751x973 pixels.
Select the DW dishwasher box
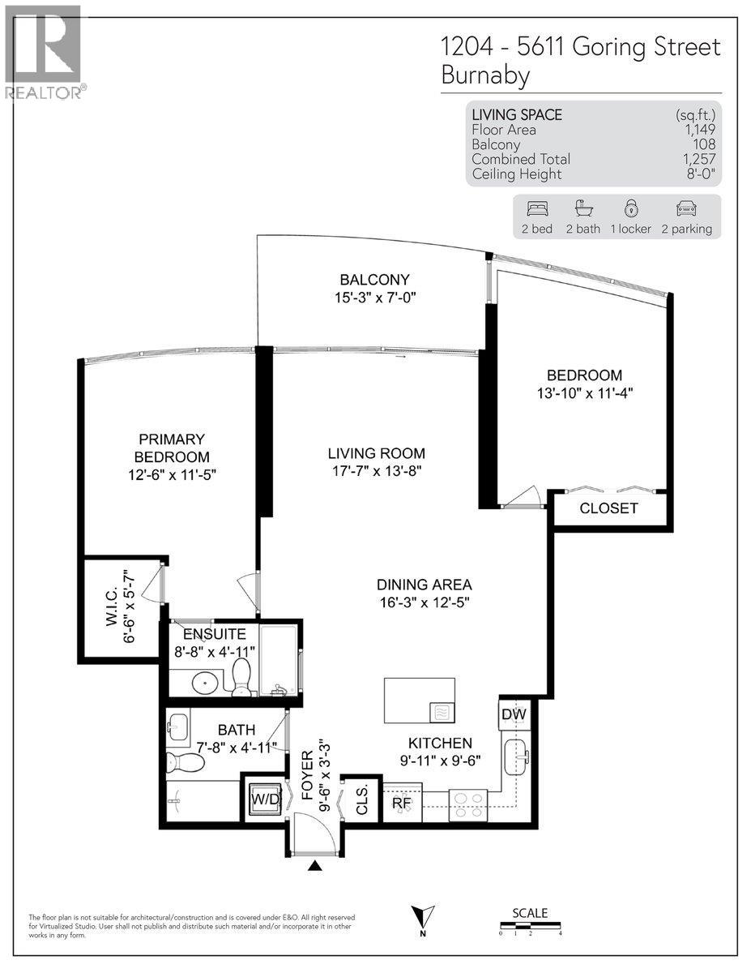click(513, 714)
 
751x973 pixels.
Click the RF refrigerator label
click(401, 804)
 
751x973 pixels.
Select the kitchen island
click(419, 701)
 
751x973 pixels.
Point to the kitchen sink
click(515, 757)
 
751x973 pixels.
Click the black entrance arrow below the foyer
click(315, 866)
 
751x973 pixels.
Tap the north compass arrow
click(423, 917)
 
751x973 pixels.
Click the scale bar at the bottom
click(530, 925)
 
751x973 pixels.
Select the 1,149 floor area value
click(698, 130)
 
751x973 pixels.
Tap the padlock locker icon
click(629, 208)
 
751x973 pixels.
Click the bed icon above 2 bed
click(536, 208)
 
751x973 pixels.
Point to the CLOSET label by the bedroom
click(608, 509)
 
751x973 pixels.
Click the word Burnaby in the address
click(484, 75)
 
